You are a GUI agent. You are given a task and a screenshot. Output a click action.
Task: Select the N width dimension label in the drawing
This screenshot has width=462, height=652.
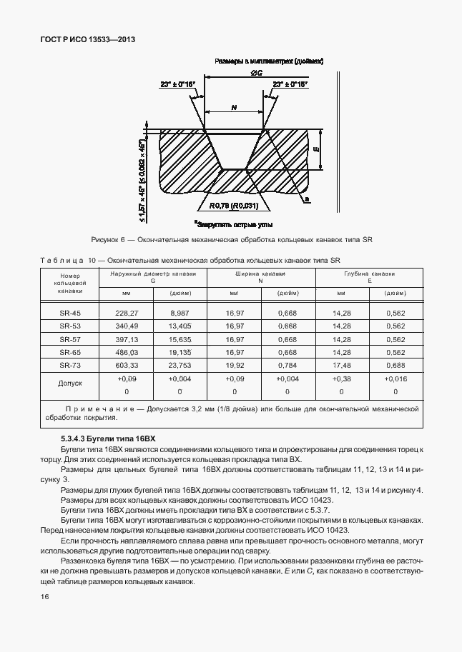pos(235,107)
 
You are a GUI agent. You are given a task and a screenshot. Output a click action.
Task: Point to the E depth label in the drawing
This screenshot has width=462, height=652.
pos(316,149)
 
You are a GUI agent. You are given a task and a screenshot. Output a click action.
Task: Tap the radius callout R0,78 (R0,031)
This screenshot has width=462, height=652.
pos(233,207)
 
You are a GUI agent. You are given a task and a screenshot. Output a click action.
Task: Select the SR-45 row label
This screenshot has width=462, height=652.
pos(70,313)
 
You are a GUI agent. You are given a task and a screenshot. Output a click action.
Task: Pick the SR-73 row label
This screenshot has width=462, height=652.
pos(70,365)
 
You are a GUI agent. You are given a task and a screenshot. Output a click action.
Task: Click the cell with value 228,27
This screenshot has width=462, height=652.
pos(126,313)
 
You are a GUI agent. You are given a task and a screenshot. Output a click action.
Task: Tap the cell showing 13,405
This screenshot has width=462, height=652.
pos(180,326)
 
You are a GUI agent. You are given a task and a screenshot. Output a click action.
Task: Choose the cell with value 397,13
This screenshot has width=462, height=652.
pos(126,339)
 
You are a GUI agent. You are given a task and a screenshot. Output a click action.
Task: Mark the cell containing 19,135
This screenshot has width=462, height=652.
pos(180,352)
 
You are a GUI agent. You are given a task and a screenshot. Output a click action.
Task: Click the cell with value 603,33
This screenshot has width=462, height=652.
pos(126,365)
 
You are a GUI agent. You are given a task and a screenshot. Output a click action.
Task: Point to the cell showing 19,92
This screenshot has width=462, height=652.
pos(234,365)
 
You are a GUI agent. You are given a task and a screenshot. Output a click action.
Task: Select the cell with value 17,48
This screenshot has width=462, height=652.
pos(341,365)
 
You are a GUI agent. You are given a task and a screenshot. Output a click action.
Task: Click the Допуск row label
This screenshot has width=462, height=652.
pos(70,384)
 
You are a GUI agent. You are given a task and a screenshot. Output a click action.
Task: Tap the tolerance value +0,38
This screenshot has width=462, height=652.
pos(341,378)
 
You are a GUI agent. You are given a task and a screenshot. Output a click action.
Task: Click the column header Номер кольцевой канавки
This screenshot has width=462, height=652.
pos(70,283)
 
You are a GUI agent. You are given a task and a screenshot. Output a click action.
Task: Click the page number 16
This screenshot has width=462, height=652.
pos(45,596)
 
